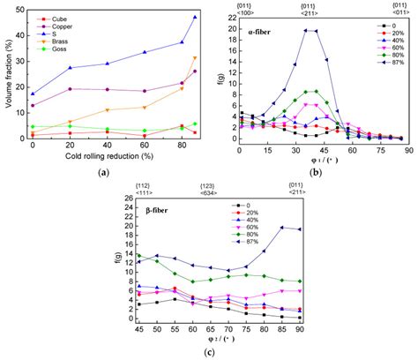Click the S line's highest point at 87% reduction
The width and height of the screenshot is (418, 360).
tap(195, 17)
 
